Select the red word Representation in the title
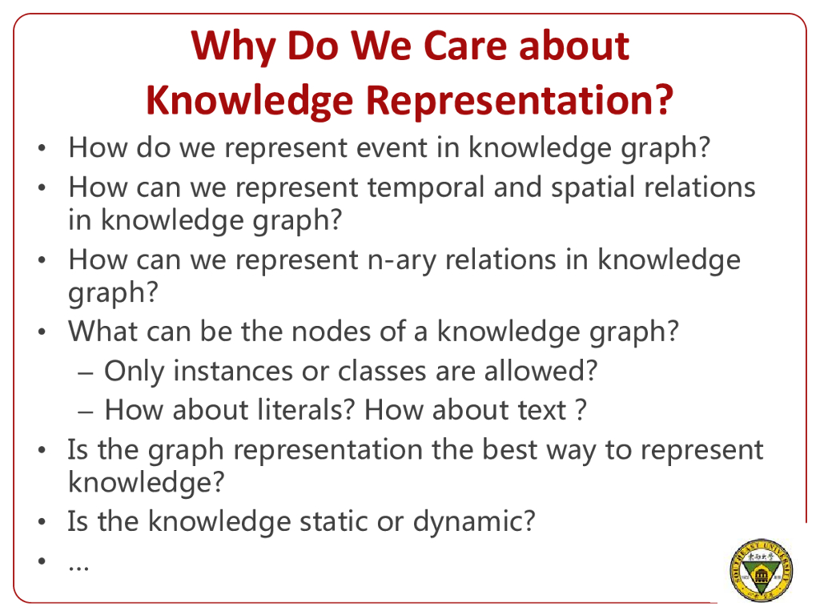tap(519, 101)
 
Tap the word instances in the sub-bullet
tap(233, 372)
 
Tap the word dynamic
tap(467, 522)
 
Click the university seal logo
tap(761, 570)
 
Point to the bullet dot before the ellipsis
tap(42, 561)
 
